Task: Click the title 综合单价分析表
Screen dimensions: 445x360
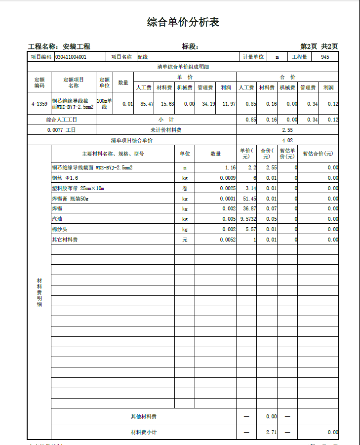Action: pyautogui.click(x=183, y=22)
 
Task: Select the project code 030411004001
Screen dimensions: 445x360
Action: pyautogui.click(x=71, y=57)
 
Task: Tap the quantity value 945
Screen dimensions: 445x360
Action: pyautogui.click(x=324, y=57)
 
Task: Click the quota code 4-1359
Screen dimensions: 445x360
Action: pyautogui.click(x=40, y=104)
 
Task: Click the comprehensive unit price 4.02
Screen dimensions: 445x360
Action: pyautogui.click(x=287, y=140)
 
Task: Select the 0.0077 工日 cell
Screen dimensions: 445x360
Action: pyautogui.click(x=62, y=130)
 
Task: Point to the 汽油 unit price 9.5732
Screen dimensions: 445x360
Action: pyautogui.click(x=246, y=219)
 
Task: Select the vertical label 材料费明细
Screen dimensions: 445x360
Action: pyautogui.click(x=40, y=292)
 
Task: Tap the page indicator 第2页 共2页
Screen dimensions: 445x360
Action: pyautogui.click(x=319, y=46)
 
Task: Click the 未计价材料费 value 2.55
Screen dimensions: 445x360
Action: pyautogui.click(x=287, y=130)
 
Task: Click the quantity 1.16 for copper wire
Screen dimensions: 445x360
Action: pyautogui.click(x=230, y=167)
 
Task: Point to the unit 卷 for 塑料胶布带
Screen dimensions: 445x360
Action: pyautogui.click(x=185, y=188)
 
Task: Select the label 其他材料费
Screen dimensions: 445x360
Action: pyautogui.click(x=144, y=416)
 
